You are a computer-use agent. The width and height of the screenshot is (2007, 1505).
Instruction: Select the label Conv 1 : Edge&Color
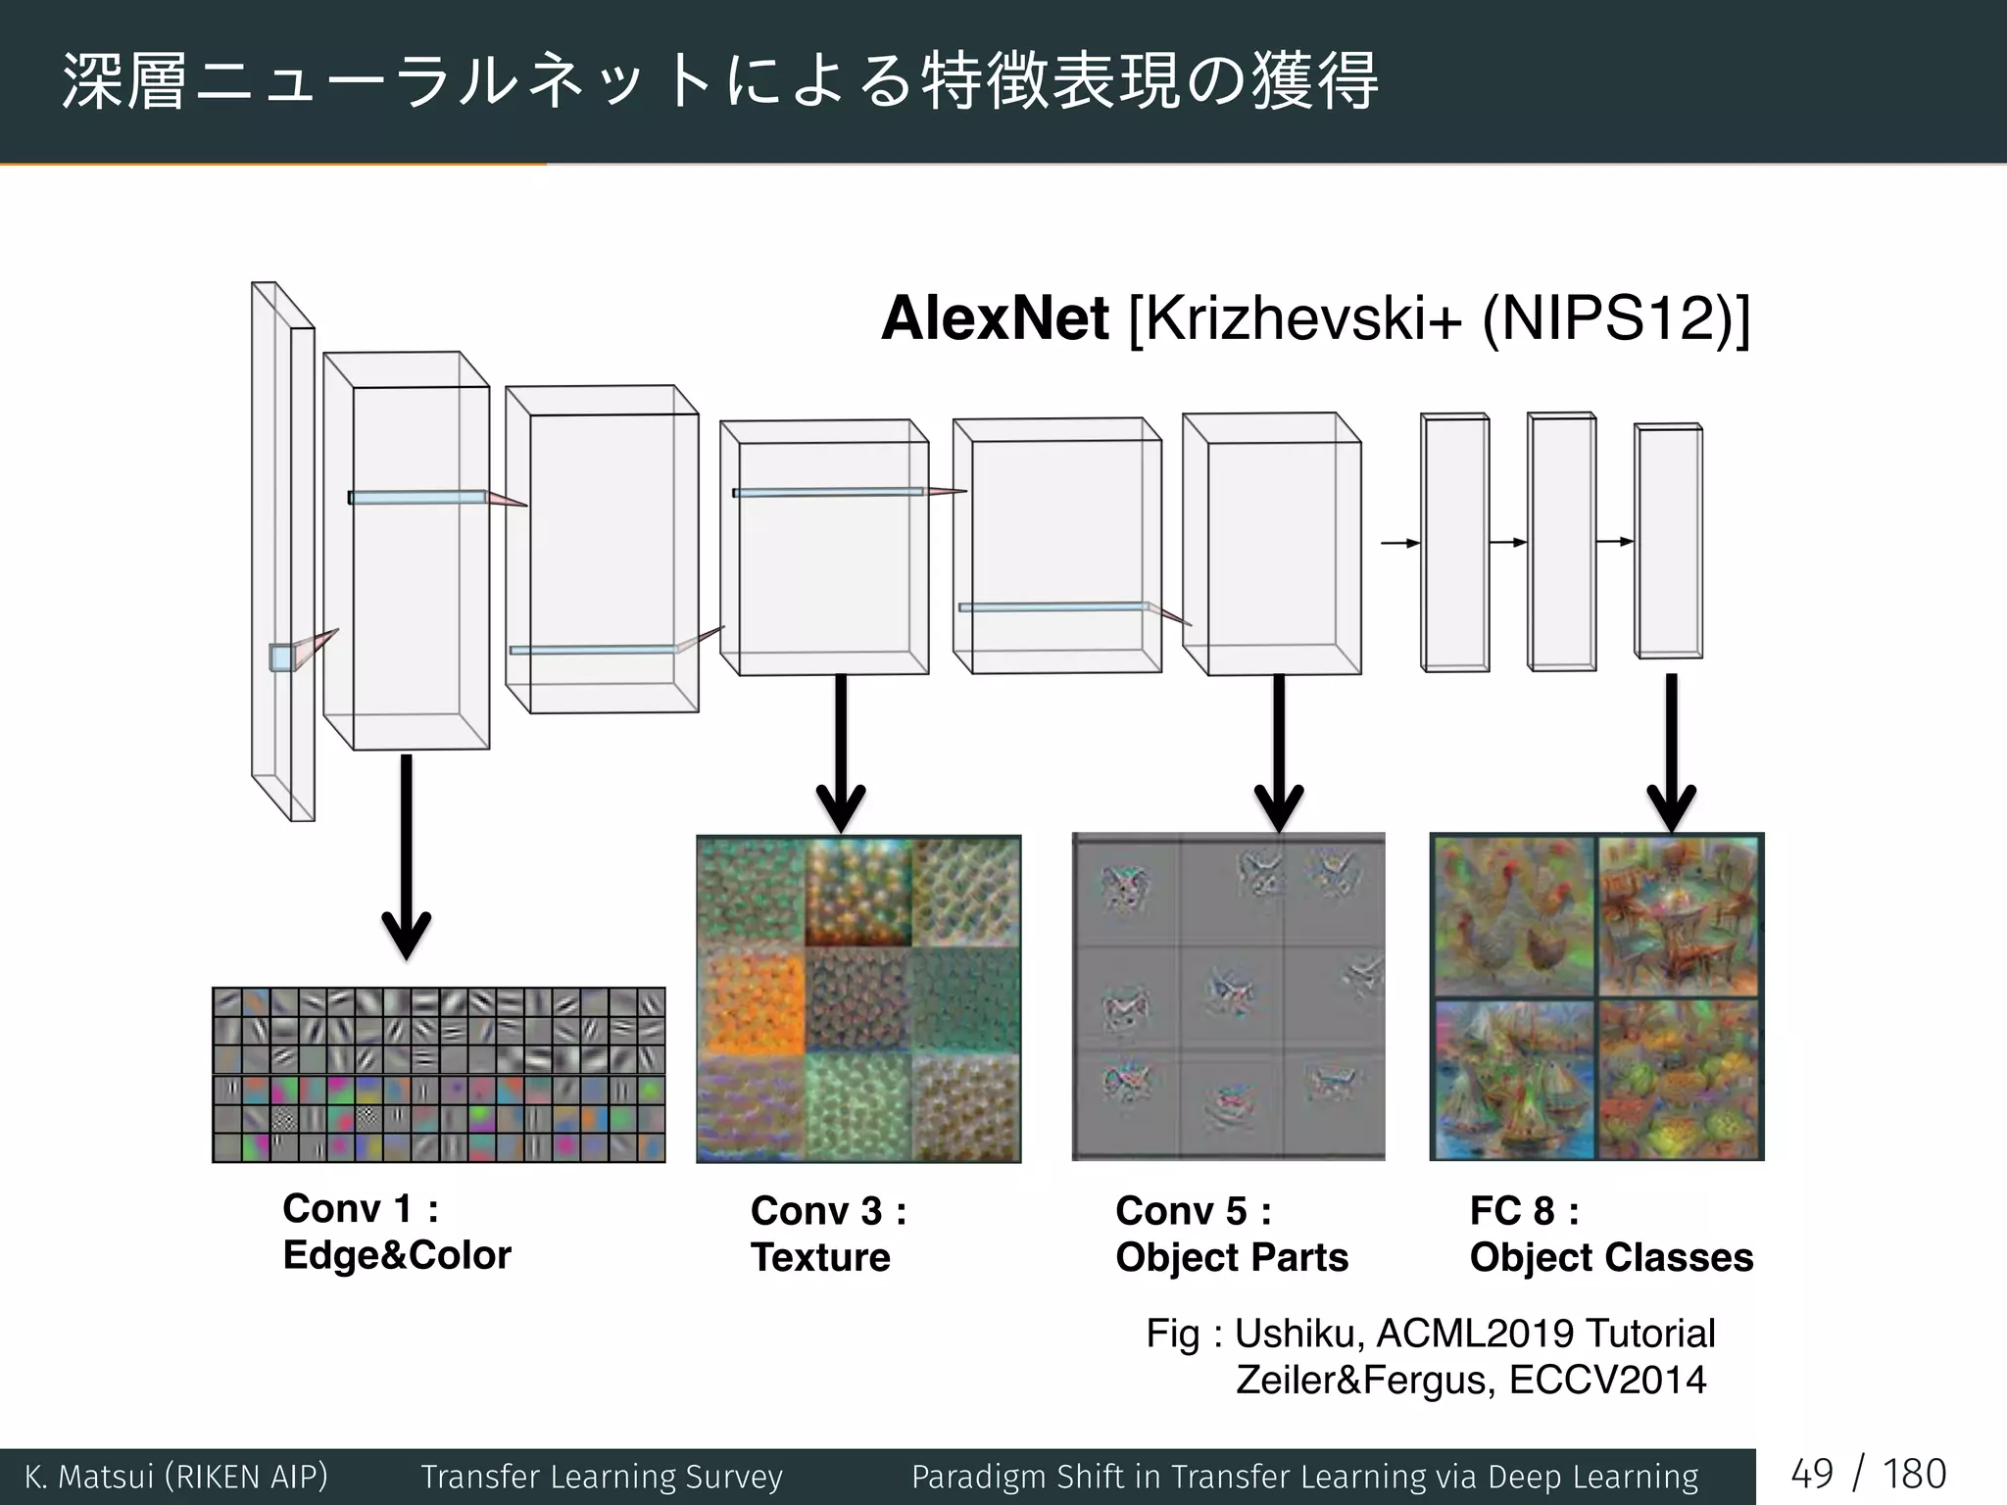coord(397,1232)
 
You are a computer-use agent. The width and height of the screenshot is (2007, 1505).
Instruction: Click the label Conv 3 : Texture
coord(828,1234)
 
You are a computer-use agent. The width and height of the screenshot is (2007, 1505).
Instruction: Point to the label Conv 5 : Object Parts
coord(1232,1234)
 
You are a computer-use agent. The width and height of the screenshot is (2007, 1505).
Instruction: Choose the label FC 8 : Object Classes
coord(1611,1234)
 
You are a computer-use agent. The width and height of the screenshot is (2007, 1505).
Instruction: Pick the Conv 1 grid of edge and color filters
coord(439,1075)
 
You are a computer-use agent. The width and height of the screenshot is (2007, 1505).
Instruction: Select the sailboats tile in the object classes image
coord(1514,1078)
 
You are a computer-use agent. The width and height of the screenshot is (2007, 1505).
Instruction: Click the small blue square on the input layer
coord(282,657)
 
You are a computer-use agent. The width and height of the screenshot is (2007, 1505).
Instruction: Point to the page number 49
coord(1811,1475)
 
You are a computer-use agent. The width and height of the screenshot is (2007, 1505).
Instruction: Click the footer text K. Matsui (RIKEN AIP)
coord(176,1477)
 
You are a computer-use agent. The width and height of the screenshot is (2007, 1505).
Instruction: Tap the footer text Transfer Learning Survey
coord(602,1477)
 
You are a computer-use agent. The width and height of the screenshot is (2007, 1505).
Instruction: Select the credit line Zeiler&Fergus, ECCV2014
coord(1470,1380)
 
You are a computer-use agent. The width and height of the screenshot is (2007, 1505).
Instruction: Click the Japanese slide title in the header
coord(720,80)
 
